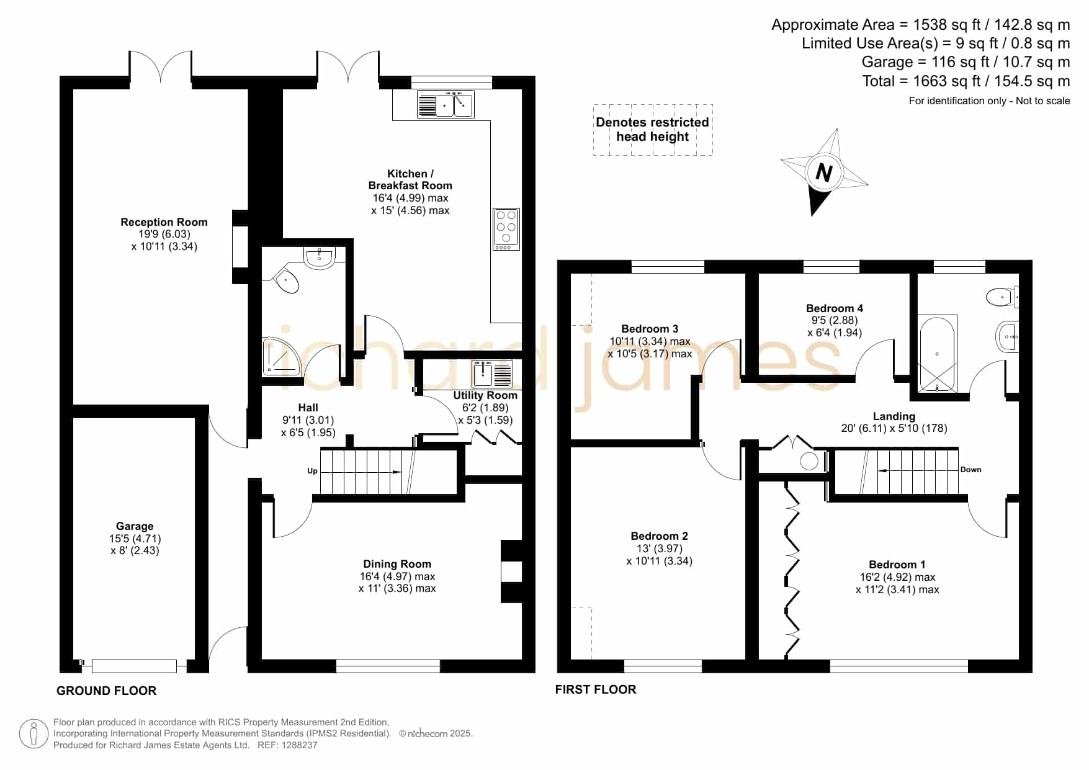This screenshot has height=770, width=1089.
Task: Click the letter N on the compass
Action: click(823, 172)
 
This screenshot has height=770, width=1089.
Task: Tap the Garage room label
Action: click(135, 526)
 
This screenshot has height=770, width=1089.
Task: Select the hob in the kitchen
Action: click(506, 229)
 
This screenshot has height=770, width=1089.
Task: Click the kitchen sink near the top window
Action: click(446, 104)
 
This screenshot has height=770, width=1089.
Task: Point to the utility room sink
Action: click(492, 374)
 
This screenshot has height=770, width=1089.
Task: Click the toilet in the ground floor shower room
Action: click(286, 280)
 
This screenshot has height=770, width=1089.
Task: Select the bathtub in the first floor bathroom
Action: click(937, 354)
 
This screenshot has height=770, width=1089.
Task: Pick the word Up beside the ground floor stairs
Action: click(312, 471)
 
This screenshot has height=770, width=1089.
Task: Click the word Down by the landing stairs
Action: click(971, 470)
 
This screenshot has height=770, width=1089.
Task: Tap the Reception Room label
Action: click(164, 222)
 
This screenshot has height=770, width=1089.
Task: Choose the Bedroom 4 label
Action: click(835, 308)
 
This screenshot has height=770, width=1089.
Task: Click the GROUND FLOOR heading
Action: click(106, 691)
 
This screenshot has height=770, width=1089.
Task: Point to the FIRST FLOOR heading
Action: click(596, 689)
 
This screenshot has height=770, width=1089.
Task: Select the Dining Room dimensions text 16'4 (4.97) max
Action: click(397, 576)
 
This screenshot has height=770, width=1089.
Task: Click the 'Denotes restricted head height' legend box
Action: click(653, 130)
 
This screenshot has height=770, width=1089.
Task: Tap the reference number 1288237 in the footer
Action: click(300, 745)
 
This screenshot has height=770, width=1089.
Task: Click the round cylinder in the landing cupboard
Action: click(809, 461)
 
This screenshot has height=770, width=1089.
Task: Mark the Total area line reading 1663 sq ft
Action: click(966, 81)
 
